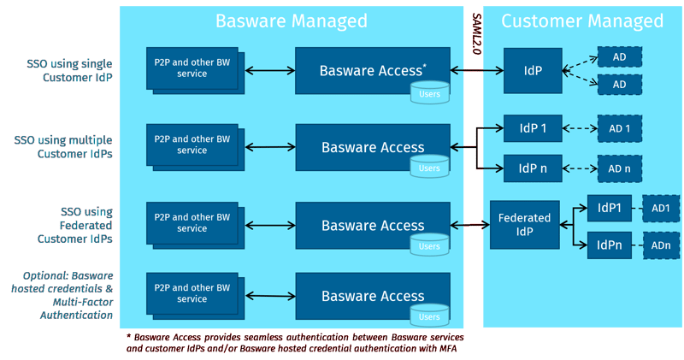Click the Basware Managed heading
pos(291,21)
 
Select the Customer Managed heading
pos(581,21)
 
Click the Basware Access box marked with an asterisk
pos(372,70)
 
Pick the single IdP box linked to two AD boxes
pos(533,70)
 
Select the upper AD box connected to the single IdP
pos(619,57)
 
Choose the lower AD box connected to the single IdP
pos(619,85)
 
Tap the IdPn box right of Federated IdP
pos(609,245)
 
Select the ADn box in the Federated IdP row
pos(660,245)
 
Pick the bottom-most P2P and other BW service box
pos(192,294)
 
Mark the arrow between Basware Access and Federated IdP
pos(469,226)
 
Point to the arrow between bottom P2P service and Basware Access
pos(268,296)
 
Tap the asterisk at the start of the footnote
pos(127,337)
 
